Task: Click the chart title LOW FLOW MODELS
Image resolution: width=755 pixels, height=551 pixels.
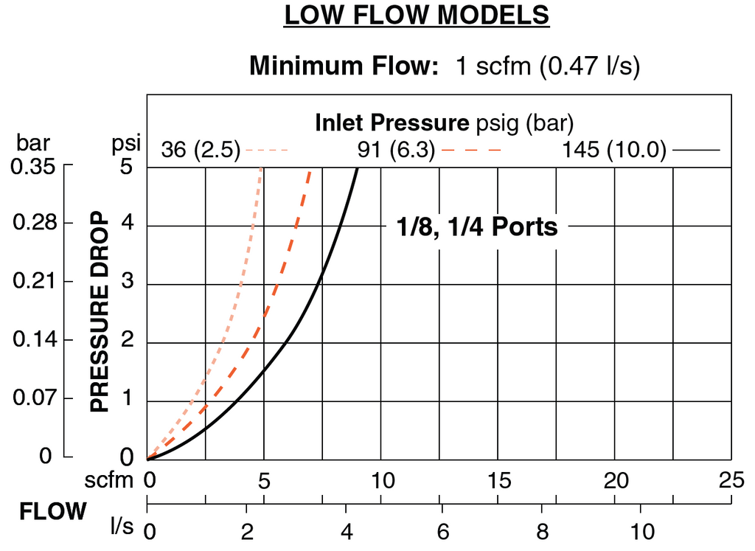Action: tap(417, 16)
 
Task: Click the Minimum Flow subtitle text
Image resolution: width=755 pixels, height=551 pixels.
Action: tap(444, 66)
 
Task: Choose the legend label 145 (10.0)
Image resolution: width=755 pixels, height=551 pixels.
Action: tap(614, 150)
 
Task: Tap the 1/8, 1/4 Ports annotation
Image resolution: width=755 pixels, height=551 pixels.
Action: tap(477, 227)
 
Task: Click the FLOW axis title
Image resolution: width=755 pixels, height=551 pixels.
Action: tap(52, 512)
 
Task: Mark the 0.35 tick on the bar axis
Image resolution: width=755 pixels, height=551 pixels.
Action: tap(34, 167)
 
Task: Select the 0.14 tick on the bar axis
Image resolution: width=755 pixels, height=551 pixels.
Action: tap(34, 341)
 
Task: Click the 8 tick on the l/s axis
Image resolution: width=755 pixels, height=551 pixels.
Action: tap(542, 531)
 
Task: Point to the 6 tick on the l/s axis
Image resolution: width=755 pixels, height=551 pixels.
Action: tap(442, 531)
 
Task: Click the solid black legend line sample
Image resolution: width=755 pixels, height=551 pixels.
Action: tap(696, 150)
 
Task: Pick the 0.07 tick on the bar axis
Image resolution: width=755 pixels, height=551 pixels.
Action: tap(34, 399)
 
